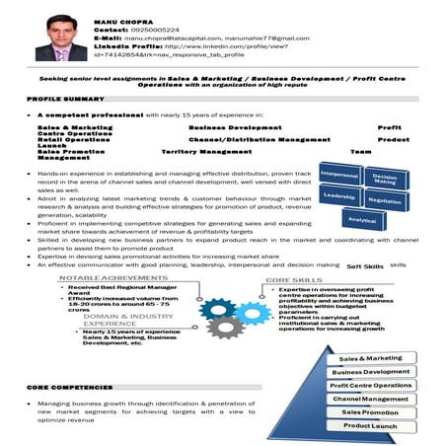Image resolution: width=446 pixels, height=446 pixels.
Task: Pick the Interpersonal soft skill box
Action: coord(337,176)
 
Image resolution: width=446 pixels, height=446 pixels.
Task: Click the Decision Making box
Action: coord(385,180)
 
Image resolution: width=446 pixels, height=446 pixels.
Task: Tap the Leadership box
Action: coord(337,197)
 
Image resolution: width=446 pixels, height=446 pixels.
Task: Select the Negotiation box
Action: coord(385,200)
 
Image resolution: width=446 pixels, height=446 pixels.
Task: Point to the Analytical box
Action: coord(362,219)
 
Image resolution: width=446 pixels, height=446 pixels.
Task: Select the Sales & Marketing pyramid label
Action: coord(370,357)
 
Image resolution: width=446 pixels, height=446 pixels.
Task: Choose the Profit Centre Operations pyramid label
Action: coord(370,385)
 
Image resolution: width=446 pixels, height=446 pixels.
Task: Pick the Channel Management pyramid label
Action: coord(370,399)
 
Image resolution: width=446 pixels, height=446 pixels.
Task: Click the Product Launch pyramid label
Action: coord(370,425)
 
